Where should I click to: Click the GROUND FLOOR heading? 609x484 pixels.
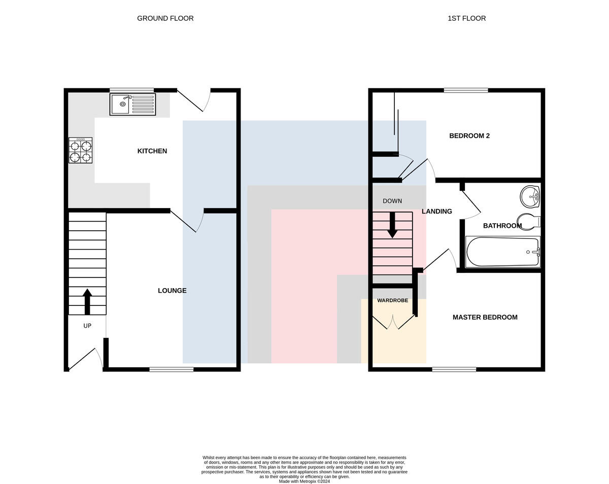tap(165, 18)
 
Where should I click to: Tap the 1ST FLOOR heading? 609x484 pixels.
tap(467, 18)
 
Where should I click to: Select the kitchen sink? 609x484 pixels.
tap(133, 105)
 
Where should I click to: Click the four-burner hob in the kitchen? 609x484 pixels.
tap(80, 150)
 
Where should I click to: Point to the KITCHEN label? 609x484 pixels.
tap(152, 151)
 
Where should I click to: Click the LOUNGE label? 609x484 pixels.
tap(172, 291)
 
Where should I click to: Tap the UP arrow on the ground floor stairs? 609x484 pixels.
tap(87, 301)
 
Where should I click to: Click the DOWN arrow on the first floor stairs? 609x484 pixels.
tap(392, 225)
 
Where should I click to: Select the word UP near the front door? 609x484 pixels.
tap(87, 326)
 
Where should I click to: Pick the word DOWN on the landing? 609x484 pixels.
tap(392, 201)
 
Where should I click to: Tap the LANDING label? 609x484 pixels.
tap(436, 212)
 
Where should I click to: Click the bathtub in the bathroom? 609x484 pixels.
tap(503, 252)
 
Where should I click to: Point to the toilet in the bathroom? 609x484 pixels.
tap(529, 222)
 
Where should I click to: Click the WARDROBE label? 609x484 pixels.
tap(392, 300)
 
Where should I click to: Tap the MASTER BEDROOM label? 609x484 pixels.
tap(485, 318)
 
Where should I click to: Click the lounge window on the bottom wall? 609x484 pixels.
tap(172, 369)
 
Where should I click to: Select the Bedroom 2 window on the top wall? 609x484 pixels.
tap(466, 90)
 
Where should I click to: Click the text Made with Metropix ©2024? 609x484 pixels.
tap(304, 481)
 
